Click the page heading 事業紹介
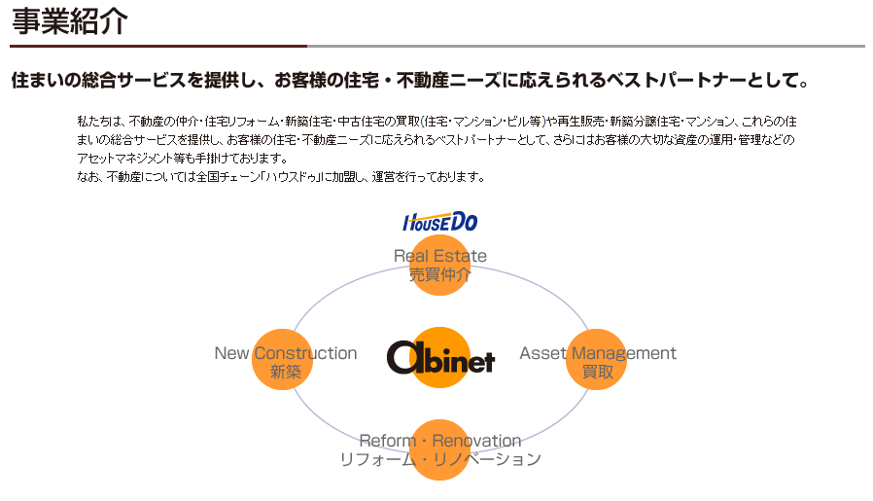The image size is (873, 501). coord(69,20)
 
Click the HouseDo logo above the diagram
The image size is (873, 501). coord(440,222)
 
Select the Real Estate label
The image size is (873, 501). coord(440,256)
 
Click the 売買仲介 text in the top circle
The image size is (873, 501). coord(440,274)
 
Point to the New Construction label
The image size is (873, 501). coord(286,353)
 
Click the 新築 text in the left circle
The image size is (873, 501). coord(286,372)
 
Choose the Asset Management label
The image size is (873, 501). coord(598,353)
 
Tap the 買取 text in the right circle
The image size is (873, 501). coord(598,372)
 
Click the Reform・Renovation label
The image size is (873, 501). coord(440,441)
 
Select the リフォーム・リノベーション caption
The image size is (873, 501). coord(440,459)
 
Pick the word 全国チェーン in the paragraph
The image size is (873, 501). coord(229,177)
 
